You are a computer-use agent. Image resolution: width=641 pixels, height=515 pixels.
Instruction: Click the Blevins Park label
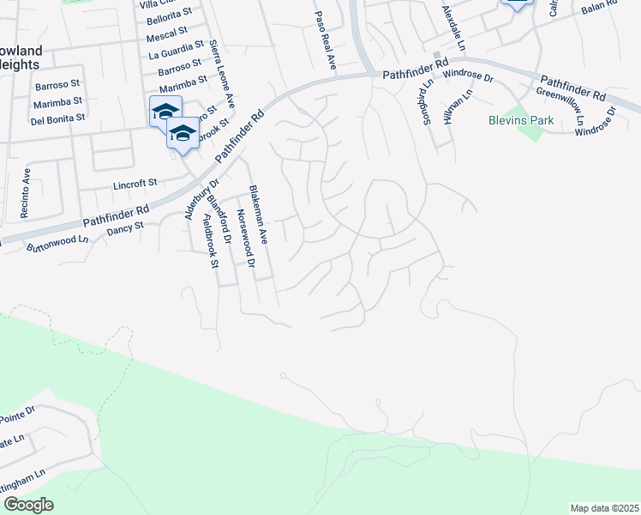coord(521,121)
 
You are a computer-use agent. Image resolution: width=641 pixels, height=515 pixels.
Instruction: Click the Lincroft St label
coord(135,183)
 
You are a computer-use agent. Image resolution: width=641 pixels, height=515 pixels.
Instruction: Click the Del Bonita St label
coord(57,118)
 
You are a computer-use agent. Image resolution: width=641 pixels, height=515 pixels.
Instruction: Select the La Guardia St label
coord(174,53)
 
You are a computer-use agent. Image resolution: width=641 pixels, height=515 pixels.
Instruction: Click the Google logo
coord(28,505)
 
